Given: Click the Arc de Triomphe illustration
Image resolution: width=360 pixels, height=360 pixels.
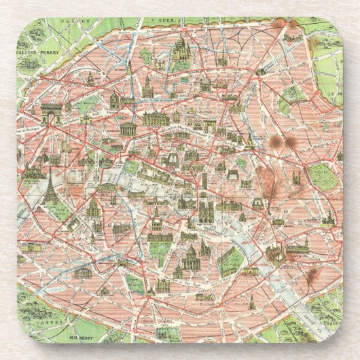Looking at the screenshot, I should click(x=50, y=113).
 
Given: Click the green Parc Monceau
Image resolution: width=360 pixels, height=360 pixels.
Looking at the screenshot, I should click(x=88, y=104).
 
